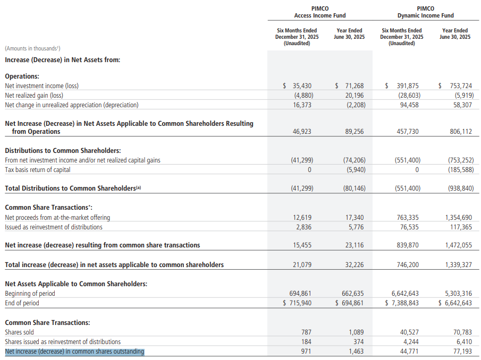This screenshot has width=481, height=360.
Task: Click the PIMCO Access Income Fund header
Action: coord(319,12)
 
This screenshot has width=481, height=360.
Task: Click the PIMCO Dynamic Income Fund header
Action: coord(426,12)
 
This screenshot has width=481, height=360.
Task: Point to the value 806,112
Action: coord(461,132)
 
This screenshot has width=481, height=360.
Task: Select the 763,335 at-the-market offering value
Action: coord(408,218)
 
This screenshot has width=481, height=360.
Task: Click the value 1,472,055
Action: coord(459,245)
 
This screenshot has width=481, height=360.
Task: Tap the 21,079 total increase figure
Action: coord(302,265)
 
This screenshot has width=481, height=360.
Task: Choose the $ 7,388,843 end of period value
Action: coord(402,303)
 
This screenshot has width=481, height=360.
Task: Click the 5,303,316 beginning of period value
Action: coord(459,294)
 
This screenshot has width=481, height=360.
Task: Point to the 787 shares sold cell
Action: coord(306,332)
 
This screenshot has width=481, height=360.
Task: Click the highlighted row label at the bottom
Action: coord(74,352)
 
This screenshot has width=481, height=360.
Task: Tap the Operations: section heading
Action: coord(22,76)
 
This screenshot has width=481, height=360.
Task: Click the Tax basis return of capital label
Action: coord(37,170)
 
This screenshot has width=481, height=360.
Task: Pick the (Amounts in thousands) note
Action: coord(32,48)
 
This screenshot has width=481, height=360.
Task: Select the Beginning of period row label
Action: coord(30,294)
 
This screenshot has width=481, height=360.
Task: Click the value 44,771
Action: coord(409,352)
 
